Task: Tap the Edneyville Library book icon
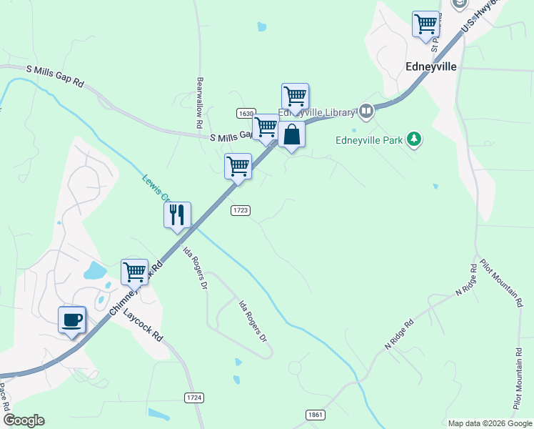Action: (x=366, y=111)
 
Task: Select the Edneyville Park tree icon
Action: (x=414, y=139)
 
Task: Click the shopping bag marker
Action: (x=291, y=134)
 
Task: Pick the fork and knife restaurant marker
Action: (x=177, y=214)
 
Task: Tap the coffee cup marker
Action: (x=71, y=320)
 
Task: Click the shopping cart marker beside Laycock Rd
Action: (x=134, y=272)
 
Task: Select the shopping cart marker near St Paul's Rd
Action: (x=425, y=24)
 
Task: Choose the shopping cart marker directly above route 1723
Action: (x=238, y=167)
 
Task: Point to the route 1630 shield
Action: (x=246, y=114)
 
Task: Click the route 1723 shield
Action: (x=240, y=210)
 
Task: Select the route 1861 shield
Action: (x=316, y=415)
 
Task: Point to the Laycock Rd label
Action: (x=143, y=325)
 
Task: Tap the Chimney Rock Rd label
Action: (x=136, y=290)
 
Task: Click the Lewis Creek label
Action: (x=154, y=188)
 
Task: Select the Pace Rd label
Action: (x=4, y=396)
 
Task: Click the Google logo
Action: (x=24, y=420)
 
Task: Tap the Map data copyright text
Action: (x=490, y=423)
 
